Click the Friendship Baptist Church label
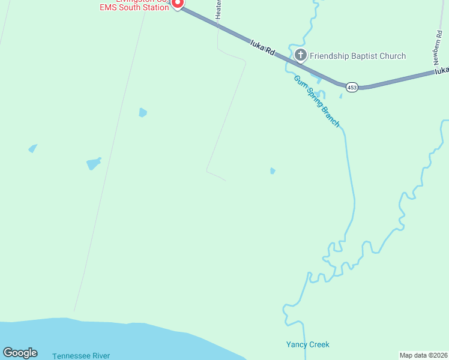(x=358, y=56)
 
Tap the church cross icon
(x=301, y=56)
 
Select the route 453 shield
(x=352, y=88)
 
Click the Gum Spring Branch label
(x=317, y=101)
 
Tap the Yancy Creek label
(x=307, y=344)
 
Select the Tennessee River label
(x=81, y=356)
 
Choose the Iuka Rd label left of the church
(x=262, y=47)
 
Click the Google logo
(x=20, y=353)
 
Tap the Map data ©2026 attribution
(x=423, y=355)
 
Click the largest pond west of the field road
(x=94, y=163)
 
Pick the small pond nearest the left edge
(x=32, y=148)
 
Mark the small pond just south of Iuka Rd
(x=142, y=112)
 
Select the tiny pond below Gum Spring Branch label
(x=273, y=171)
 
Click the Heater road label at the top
(x=218, y=9)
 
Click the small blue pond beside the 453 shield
(x=341, y=95)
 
